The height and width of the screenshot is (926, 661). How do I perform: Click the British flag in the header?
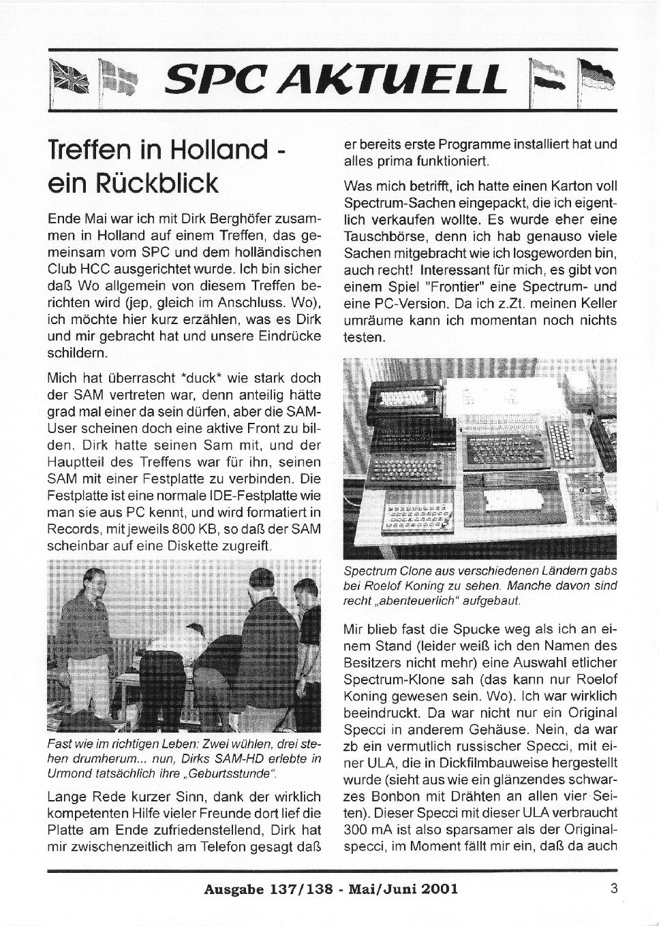click(x=67, y=76)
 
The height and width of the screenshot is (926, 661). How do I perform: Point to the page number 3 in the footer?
click(x=614, y=887)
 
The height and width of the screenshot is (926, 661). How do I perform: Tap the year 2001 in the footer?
click(x=435, y=889)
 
